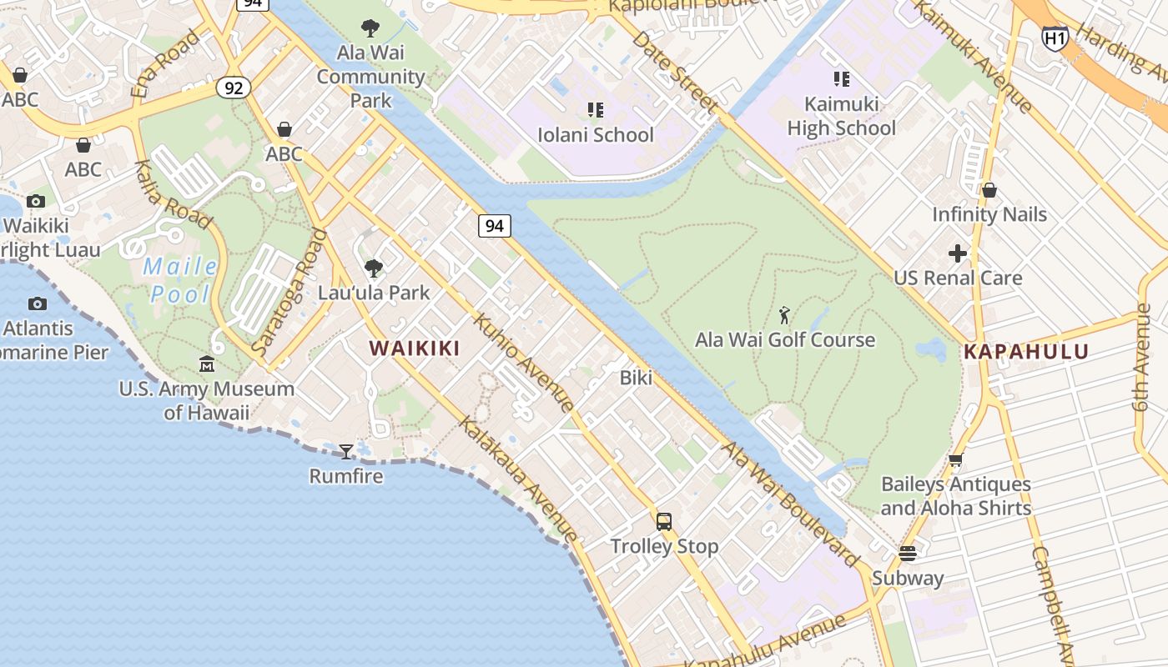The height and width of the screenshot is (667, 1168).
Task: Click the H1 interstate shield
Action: [1055, 38]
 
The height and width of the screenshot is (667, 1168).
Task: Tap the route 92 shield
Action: [234, 87]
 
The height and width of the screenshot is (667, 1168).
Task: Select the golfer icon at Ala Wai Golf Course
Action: [783, 315]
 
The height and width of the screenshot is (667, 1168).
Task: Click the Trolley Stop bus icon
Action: [664, 522]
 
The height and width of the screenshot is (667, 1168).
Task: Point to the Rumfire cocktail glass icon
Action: [345, 452]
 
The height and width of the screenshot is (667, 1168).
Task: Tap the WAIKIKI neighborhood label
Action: [415, 349]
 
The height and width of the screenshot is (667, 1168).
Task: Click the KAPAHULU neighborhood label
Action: [1026, 352]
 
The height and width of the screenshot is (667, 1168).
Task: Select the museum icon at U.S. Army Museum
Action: [206, 364]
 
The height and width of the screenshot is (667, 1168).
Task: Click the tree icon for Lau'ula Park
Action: [373, 268]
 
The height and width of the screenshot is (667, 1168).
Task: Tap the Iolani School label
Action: [596, 134]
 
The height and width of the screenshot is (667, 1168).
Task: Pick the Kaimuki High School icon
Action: [841, 79]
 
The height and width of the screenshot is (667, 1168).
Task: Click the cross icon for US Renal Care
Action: [958, 253]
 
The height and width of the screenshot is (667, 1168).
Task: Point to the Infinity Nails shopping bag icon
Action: [989, 190]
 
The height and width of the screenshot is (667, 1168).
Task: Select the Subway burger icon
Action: [908, 554]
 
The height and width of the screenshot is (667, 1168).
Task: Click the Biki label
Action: [636, 378]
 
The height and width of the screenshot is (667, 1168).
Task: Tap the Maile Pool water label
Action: [181, 280]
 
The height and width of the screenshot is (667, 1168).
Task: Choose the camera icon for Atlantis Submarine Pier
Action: [38, 303]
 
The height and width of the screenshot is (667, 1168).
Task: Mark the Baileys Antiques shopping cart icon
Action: [956, 459]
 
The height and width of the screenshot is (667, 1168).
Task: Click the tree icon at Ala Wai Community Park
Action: [370, 28]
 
